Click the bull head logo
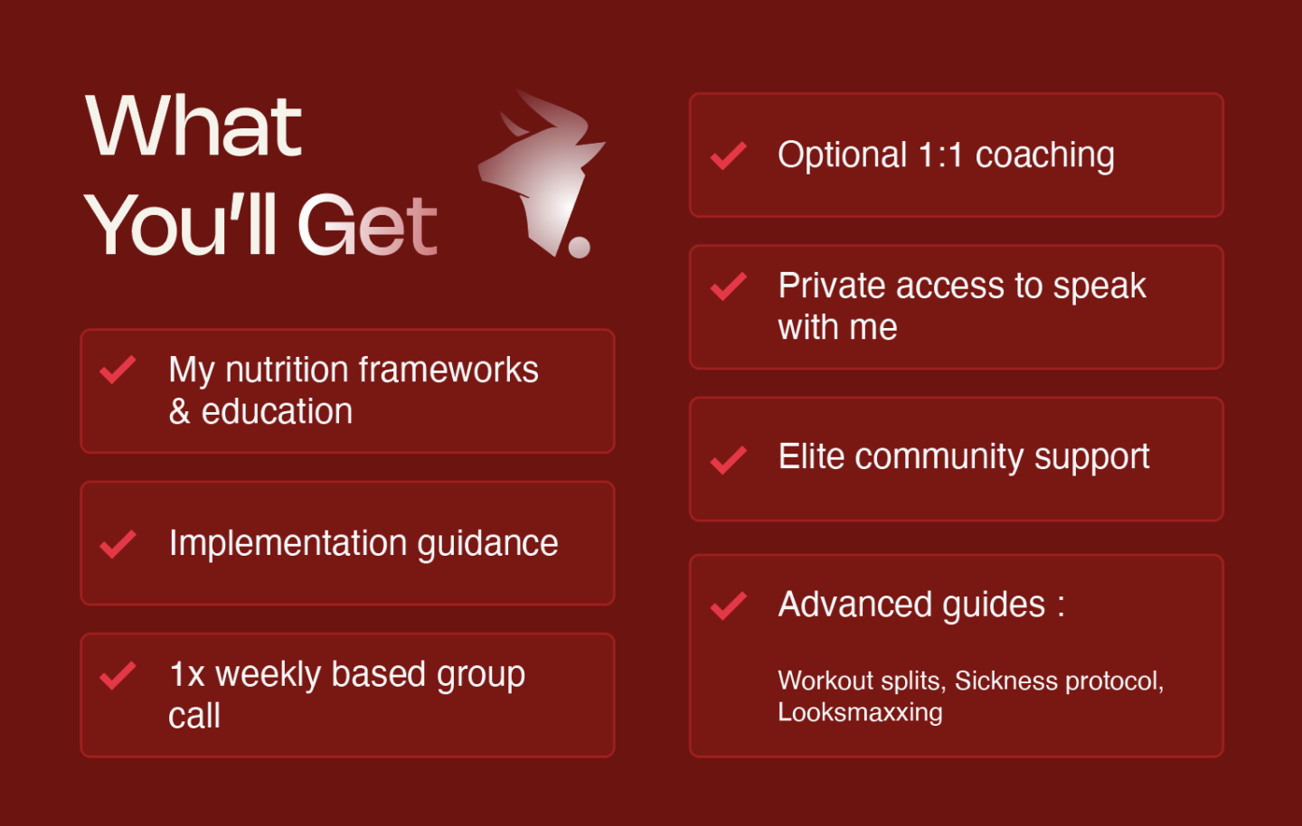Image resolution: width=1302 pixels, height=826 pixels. [x=543, y=174]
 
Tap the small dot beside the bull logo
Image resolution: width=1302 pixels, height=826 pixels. [x=579, y=247]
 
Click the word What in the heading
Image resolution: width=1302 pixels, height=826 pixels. [x=193, y=126]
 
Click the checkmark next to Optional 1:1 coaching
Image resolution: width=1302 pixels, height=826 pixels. [x=729, y=155]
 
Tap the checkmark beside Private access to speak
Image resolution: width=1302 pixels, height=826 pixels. [x=729, y=286]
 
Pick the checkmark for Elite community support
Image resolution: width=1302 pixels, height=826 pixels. [x=729, y=460]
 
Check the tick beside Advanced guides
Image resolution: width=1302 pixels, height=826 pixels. [x=729, y=605]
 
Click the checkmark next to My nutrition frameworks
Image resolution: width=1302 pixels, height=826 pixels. [x=118, y=370]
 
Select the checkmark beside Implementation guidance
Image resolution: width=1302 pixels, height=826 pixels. [x=118, y=544]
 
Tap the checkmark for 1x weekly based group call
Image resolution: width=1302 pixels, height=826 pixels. [x=118, y=676]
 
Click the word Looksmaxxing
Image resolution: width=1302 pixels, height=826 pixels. [x=860, y=713]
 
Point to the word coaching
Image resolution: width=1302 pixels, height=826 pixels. [x=1044, y=155]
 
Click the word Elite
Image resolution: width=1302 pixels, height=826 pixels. [x=811, y=456]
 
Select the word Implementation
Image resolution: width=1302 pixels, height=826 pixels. [x=288, y=544]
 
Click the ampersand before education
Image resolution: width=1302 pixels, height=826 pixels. [x=180, y=412]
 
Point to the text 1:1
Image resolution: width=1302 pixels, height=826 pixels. [x=940, y=155]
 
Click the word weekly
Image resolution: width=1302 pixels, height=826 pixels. [x=268, y=675]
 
